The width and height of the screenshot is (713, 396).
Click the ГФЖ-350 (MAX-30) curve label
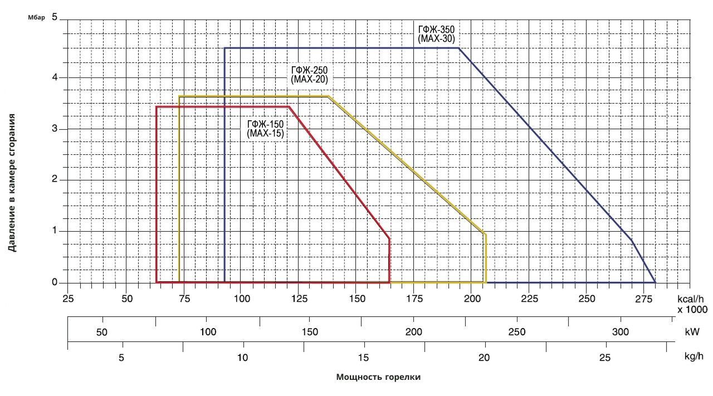pos(437,34)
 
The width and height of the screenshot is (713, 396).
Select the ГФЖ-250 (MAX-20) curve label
pos(310,75)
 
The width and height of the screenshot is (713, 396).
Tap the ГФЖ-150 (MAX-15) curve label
pos(266,129)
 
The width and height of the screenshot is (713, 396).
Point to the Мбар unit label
pos(36,18)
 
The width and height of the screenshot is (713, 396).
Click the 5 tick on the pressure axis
pos(55,17)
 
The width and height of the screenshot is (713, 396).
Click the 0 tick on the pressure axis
pos(55,282)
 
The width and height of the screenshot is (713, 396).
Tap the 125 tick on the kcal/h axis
pos(300,298)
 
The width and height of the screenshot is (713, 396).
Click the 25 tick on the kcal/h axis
pos(68,298)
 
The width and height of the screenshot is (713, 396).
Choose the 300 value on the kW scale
pos(620,332)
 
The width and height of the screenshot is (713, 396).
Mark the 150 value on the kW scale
pos(310,332)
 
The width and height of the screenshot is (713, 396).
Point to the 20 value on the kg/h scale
pos(484,358)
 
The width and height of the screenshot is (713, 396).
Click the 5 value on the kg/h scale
pos(121,358)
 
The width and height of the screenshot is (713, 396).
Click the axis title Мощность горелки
pos(378,377)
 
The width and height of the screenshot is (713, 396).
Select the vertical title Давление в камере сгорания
pos(12,183)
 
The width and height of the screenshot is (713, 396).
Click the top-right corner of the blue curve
pos(459,48)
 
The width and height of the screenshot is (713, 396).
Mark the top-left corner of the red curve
pos(157,106)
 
